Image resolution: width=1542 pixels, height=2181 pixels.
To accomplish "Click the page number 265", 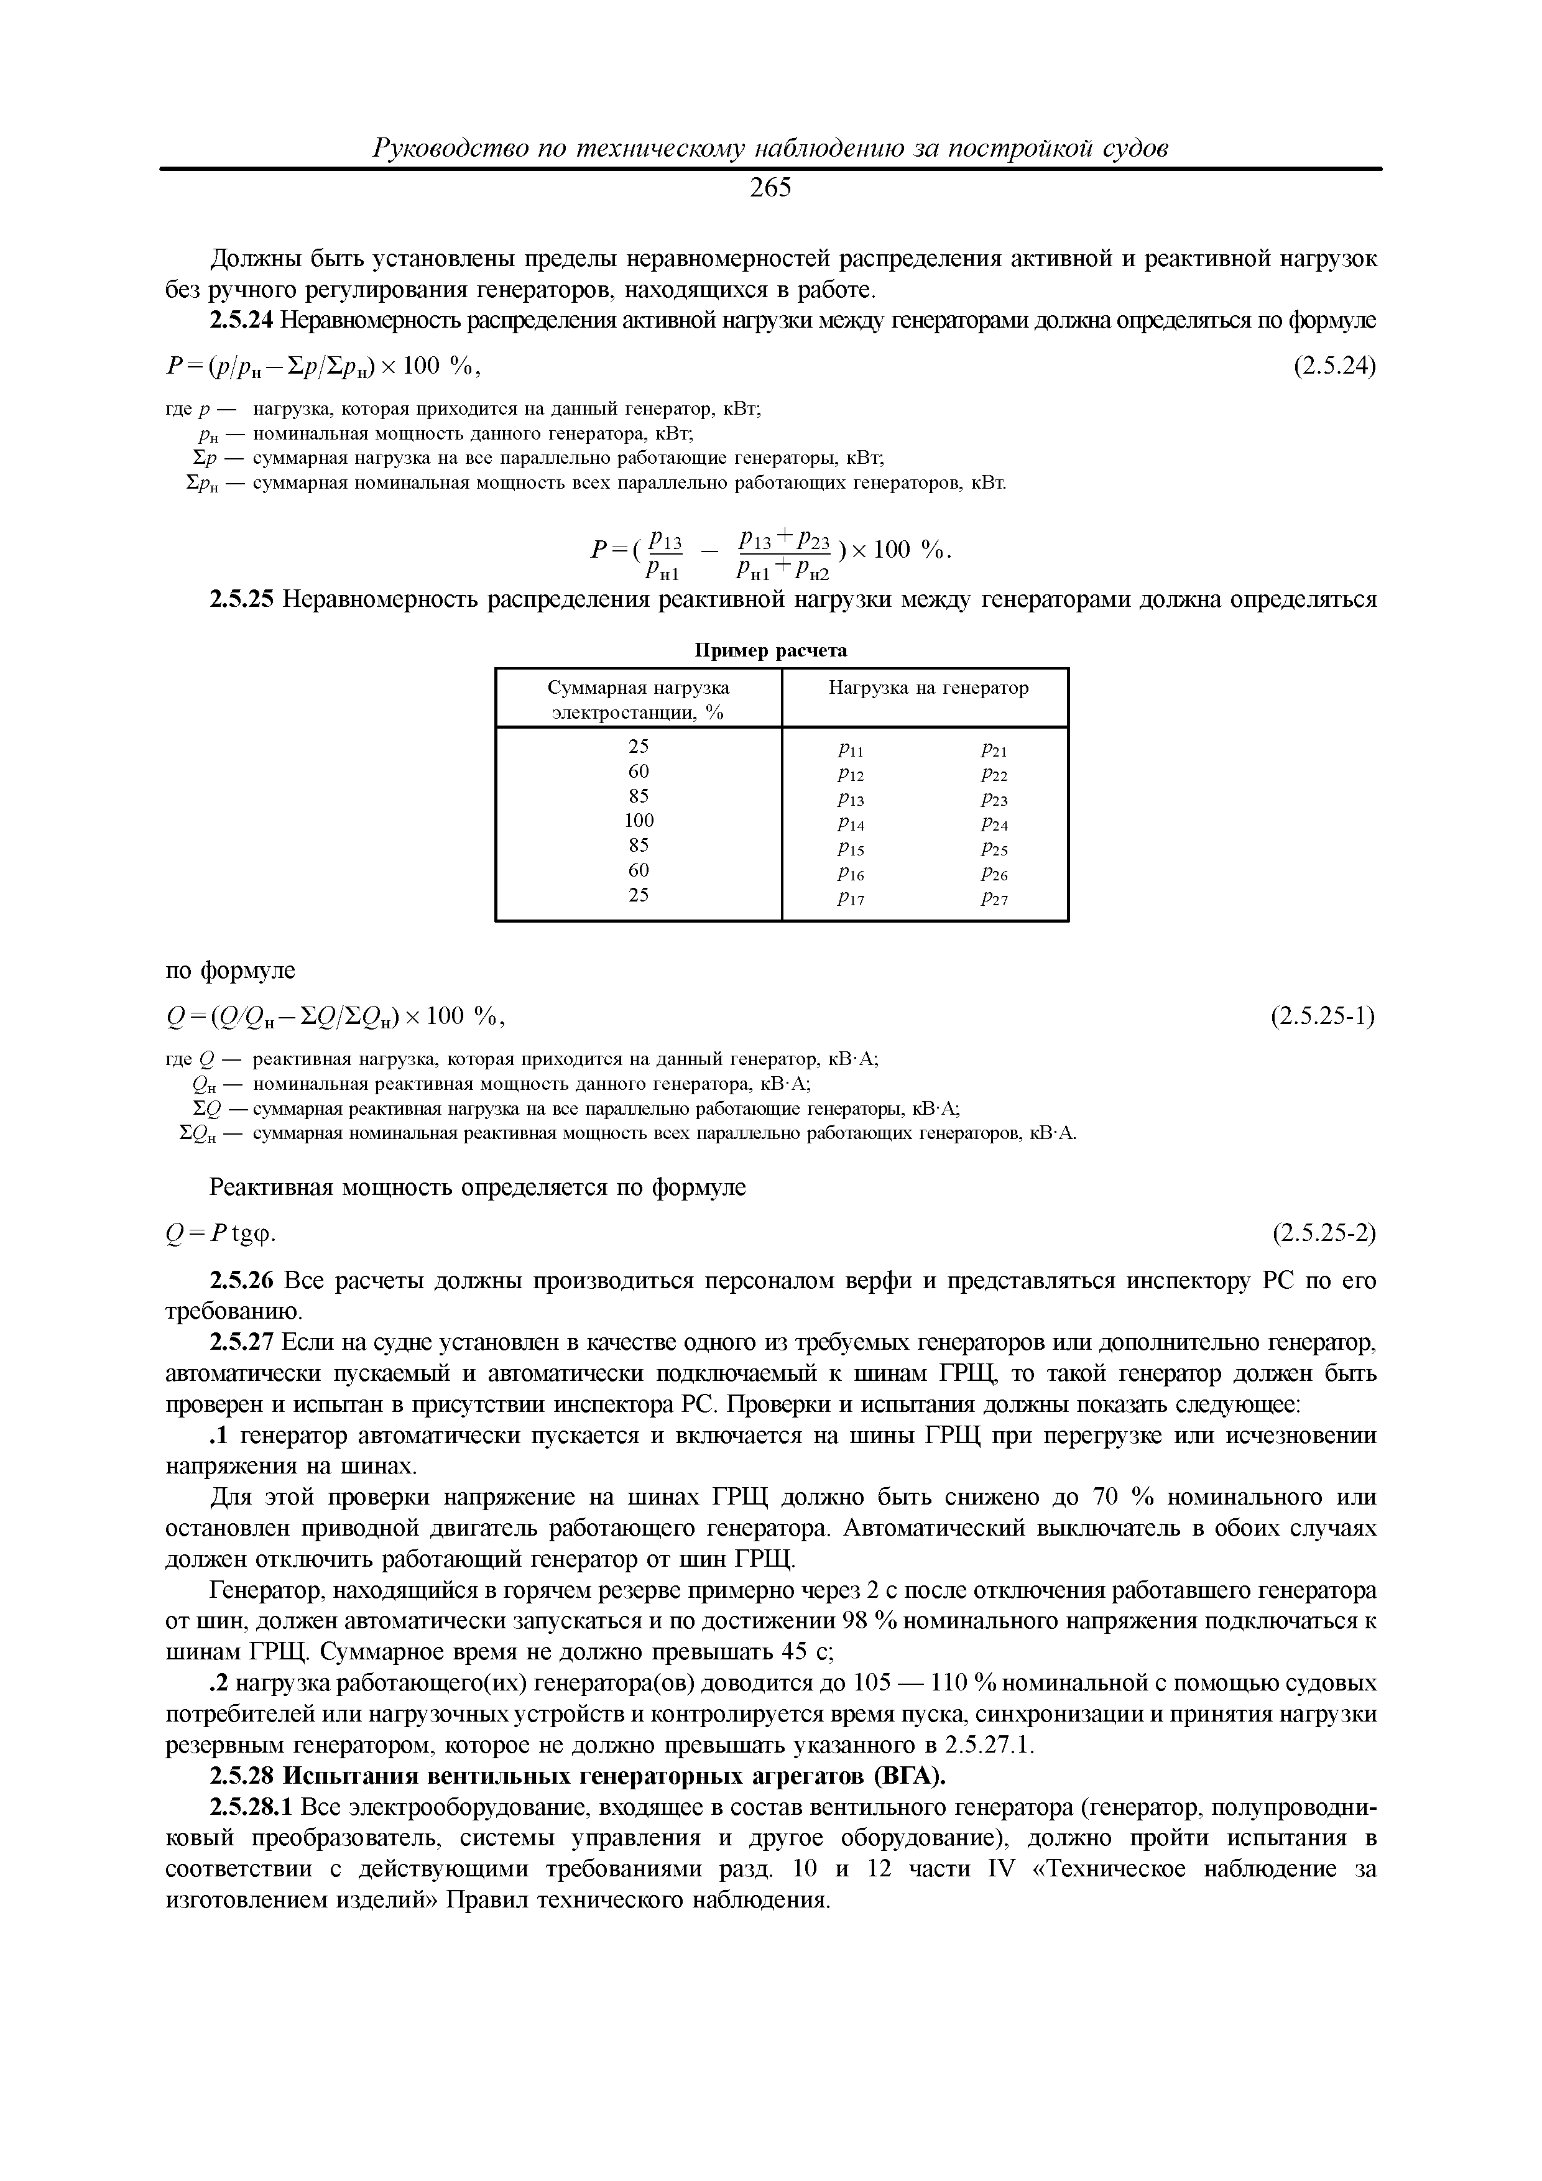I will tap(770, 189).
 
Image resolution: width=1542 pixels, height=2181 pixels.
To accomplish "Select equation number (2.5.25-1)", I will tap(1324, 1017).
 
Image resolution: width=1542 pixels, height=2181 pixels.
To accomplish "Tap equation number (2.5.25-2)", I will tap(1324, 1233).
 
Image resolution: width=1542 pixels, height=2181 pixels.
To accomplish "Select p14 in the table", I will tap(851, 824).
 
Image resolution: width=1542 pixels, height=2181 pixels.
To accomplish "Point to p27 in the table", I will tap(994, 898).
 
